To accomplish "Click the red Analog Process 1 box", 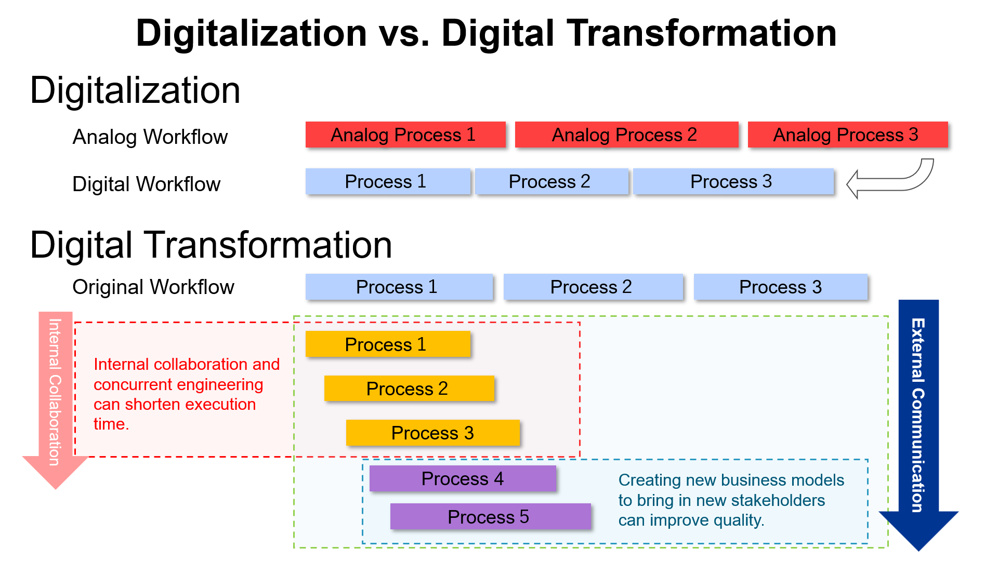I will pos(405,135).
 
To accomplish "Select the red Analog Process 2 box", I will pos(626,135).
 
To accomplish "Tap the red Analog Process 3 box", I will pos(847,135).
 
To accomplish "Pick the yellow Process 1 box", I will pos(388,344).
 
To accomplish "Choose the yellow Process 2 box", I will pos(409,389).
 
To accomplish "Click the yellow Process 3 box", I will pos(432,433).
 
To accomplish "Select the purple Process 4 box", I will pos(462,478).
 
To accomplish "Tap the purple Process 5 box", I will pos(490,517).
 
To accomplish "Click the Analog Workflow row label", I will pos(150,137).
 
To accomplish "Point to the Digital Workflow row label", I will pos(147,184).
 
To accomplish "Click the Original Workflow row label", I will pos(153,287).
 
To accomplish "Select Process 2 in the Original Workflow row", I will pos(593,287).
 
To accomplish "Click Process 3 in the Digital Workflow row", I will pos(733,182).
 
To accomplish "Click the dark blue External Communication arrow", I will pos(918,416).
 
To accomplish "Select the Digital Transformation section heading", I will pos(211,245).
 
